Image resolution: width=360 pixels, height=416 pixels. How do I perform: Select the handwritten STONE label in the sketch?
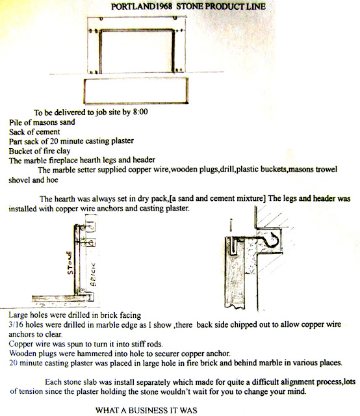coord(70,263)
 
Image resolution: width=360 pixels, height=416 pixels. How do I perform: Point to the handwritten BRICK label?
coord(94,274)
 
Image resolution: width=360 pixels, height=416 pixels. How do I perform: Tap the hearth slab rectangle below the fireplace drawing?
coord(136,91)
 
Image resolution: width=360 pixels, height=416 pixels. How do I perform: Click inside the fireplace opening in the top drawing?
coord(137,51)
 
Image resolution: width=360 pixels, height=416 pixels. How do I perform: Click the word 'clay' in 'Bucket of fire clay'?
coord(64,151)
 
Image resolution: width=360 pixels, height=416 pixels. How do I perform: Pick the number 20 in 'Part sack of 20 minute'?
coord(54,142)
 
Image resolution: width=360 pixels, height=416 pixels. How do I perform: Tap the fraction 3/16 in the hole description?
coord(16,325)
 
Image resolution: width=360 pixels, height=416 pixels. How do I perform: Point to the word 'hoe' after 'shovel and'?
coord(52,180)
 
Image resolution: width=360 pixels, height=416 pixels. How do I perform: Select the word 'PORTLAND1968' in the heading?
coord(142,6)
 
